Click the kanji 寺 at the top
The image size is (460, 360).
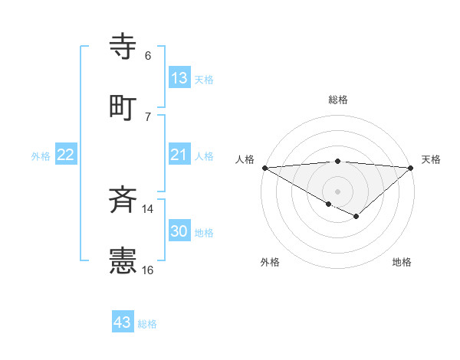tap(123, 47)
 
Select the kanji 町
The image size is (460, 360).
tap(123, 106)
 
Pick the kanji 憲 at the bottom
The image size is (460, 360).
tap(123, 260)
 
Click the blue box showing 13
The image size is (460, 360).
tap(179, 78)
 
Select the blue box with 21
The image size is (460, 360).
tap(179, 155)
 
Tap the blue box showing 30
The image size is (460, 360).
tap(179, 231)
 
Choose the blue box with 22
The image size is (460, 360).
tap(66, 155)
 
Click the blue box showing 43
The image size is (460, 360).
tap(123, 322)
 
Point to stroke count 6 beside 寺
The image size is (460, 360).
tap(148, 56)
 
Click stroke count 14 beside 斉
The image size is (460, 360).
tap(148, 209)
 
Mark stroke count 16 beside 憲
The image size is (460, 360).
tap(148, 270)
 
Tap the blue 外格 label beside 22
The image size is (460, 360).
tap(41, 156)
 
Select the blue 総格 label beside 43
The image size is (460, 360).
tap(147, 324)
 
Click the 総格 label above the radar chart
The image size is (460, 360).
tap(338, 100)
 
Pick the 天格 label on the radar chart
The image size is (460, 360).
tap(432, 159)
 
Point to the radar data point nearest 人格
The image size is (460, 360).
tap(264, 167)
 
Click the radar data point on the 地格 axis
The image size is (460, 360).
tap(356, 217)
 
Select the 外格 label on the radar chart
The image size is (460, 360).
tap(270, 262)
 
